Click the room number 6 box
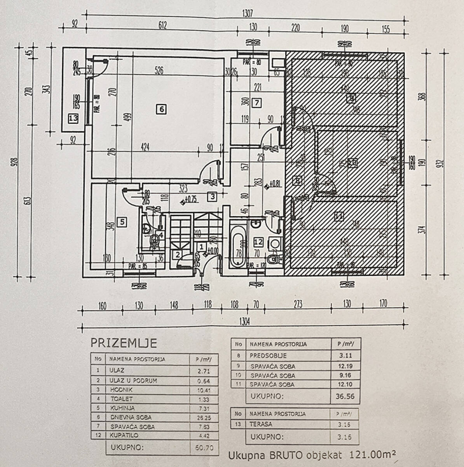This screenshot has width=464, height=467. (161, 109)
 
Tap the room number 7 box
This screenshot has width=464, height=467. (256, 103)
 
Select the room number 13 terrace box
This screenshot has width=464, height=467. (73, 118)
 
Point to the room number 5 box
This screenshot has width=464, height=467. (122, 222)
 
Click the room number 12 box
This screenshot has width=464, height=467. (258, 242)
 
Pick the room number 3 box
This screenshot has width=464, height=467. (212, 197)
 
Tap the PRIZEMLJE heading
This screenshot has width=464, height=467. (124, 343)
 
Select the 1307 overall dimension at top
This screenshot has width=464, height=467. (247, 13)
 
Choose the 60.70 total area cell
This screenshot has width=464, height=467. (204, 448)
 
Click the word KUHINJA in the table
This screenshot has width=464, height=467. (122, 408)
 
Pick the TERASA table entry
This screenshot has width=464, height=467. (261, 424)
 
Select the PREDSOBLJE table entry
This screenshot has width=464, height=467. (269, 355)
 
